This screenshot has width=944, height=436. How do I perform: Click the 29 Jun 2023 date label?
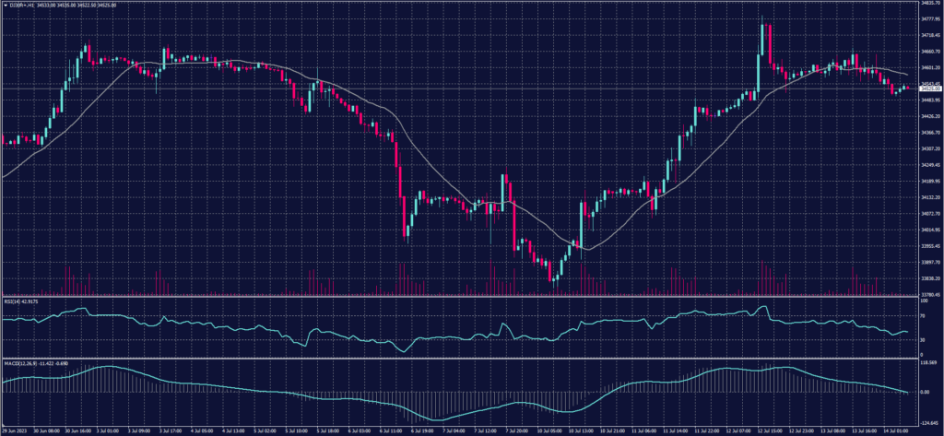pyautogui.click(x=14, y=430)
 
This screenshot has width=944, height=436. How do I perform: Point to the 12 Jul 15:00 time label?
pyautogui.click(x=771, y=430)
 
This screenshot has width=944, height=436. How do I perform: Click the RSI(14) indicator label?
pyautogui.click(x=20, y=301)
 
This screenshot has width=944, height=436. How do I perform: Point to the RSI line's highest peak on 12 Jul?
pyautogui.click(x=763, y=307)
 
